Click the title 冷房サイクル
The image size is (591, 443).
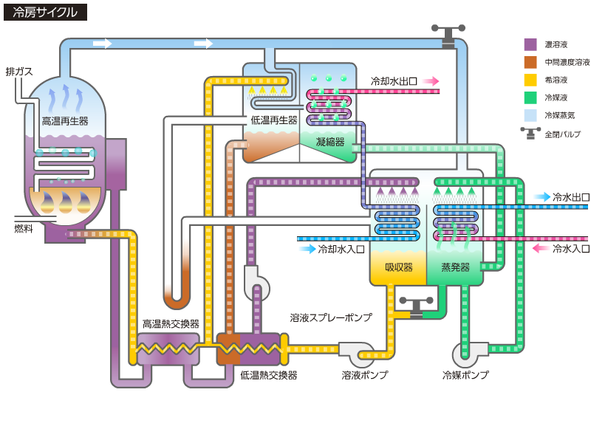click(45, 12)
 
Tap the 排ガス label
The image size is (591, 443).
click(19, 72)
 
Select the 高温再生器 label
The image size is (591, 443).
click(65, 121)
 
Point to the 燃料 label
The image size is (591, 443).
click(24, 229)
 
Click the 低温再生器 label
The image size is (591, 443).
click(273, 120)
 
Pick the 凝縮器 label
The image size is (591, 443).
click(330, 142)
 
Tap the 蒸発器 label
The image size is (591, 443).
click(455, 267)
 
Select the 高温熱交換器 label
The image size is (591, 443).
click(171, 324)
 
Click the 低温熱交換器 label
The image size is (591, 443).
click(269, 375)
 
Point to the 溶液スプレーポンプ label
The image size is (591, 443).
click(331, 317)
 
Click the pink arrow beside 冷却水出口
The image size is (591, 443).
click(431, 81)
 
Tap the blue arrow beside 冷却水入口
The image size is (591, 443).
click(307, 249)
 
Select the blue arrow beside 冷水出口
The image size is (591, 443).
click(542, 197)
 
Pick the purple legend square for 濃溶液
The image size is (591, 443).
click(530, 44)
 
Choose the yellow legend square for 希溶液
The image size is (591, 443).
click(530, 80)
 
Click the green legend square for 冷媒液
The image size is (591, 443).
click(530, 97)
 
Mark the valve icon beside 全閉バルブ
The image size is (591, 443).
click(530, 134)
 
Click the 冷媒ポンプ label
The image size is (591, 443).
click(465, 375)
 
